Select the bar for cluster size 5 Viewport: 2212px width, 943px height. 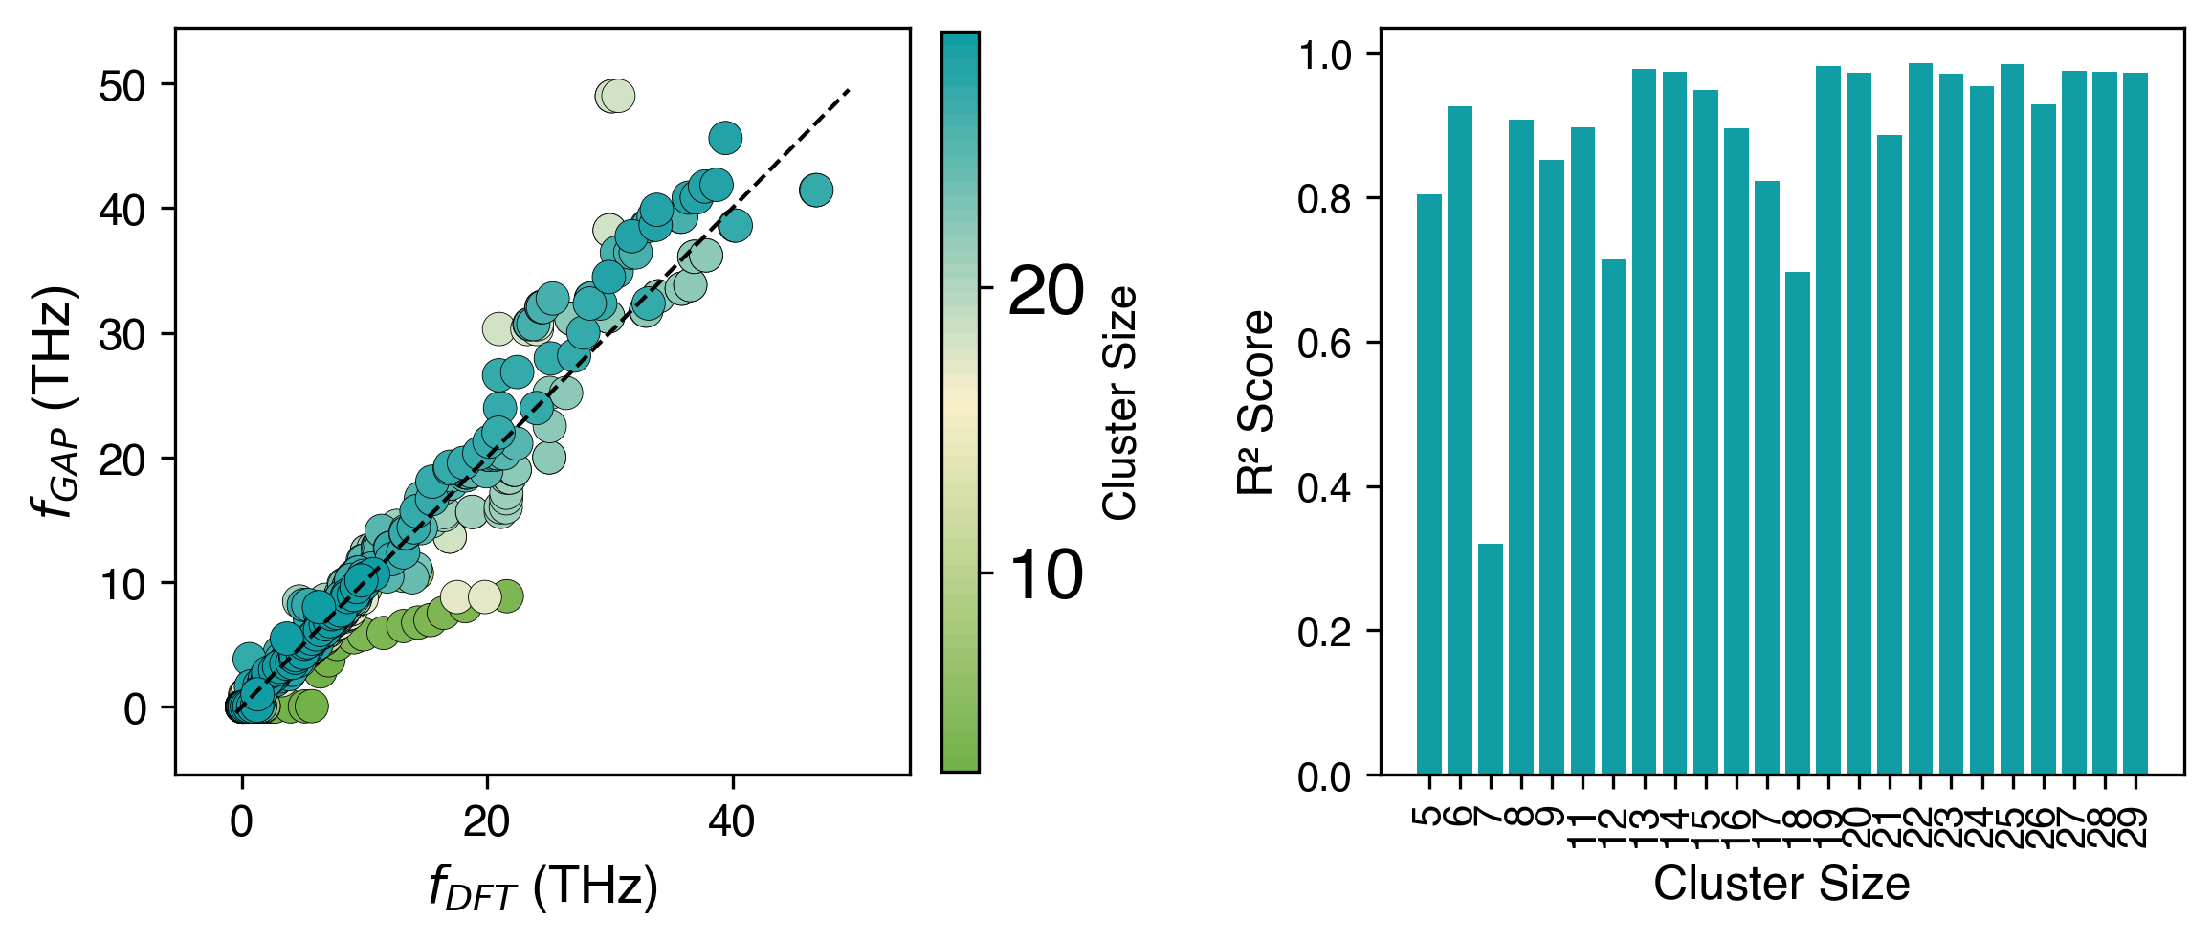click(x=1428, y=483)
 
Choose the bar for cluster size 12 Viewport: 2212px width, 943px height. click(x=1613, y=517)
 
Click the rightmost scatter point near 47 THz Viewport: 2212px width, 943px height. click(x=816, y=191)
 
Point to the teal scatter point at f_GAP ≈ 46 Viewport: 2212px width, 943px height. click(x=725, y=138)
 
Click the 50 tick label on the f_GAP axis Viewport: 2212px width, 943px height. click(x=123, y=86)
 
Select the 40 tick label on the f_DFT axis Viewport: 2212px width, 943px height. click(x=732, y=821)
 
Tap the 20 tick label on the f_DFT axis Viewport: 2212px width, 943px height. click(x=487, y=821)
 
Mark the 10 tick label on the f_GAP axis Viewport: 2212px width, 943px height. click(x=123, y=584)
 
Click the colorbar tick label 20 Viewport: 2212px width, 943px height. click(x=1047, y=290)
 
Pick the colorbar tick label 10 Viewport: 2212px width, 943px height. click(x=1047, y=575)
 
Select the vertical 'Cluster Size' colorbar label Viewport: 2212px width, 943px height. click(x=1119, y=402)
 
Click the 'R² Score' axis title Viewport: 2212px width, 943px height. click(x=1255, y=402)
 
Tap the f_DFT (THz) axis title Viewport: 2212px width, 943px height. click(x=542, y=887)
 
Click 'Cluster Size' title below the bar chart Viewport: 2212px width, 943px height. click(x=1781, y=884)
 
